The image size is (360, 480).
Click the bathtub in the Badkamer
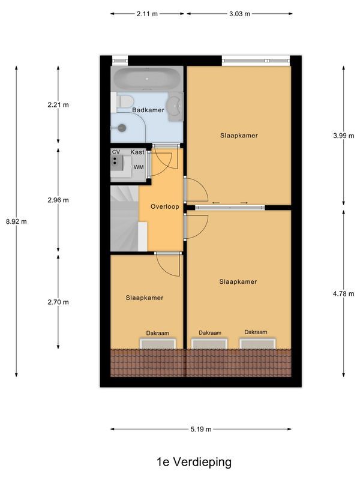coord(146,78)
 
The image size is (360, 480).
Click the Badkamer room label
coord(148,110)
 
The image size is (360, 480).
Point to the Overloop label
coord(165,206)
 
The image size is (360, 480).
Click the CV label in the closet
coord(116,152)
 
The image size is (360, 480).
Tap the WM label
coord(139,167)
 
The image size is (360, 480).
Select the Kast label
coord(137,152)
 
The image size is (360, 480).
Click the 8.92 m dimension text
coord(16,221)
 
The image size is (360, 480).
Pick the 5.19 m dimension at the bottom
coord(200,430)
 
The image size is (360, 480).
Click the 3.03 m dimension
coord(239,13)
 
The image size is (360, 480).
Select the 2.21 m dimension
coord(58,105)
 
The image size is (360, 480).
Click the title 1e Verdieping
coord(194,462)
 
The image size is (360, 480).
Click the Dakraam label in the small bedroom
coord(158,333)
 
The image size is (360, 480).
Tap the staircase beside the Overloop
coord(124,219)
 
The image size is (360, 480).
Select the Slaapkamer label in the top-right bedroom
coord(239,136)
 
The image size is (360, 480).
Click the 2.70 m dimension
coord(58,302)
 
